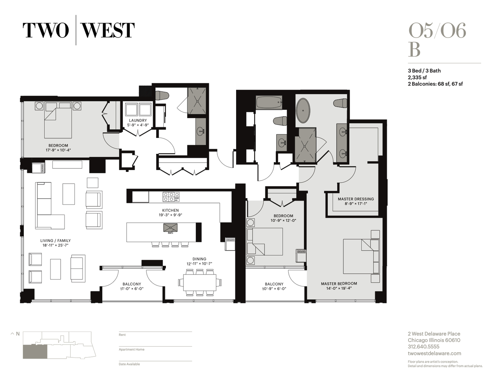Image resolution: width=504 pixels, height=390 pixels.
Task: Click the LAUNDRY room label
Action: click(x=138, y=121)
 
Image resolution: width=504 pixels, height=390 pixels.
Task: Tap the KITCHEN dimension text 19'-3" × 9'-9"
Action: click(x=170, y=215)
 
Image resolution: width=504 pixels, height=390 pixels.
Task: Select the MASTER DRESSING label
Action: click(x=355, y=199)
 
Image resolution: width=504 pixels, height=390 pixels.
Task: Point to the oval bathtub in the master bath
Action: click(x=303, y=110)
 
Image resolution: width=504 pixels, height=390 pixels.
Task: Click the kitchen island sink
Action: click(x=170, y=228)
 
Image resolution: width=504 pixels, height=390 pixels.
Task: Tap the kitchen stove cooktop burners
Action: click(x=171, y=196)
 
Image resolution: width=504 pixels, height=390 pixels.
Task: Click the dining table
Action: click(x=200, y=282)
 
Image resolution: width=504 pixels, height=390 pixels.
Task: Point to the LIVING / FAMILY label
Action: click(x=55, y=240)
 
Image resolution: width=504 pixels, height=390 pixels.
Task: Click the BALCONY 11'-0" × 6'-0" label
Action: click(x=132, y=286)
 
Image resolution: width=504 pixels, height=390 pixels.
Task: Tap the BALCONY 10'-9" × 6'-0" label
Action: click(x=274, y=286)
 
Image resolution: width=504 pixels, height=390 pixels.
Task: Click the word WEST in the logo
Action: click(x=108, y=30)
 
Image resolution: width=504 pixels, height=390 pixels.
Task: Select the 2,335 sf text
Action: click(x=417, y=77)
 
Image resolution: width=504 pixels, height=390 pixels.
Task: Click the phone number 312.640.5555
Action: click(x=423, y=347)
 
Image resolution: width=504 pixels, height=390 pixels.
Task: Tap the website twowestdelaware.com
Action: click(x=434, y=354)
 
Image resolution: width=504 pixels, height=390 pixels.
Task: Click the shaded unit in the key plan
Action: click(x=35, y=352)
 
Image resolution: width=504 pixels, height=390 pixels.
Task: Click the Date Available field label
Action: click(x=129, y=364)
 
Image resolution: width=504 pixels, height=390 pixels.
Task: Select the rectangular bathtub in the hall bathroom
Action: click(x=269, y=102)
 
